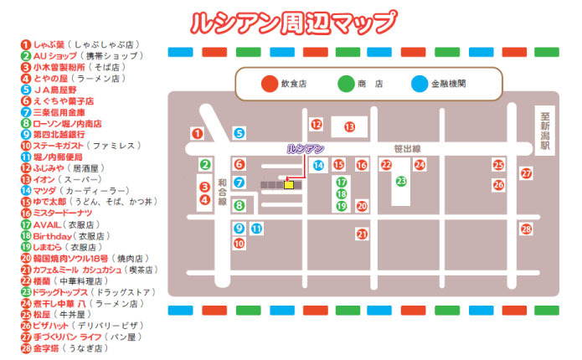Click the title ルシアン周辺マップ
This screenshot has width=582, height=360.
[x=292, y=21]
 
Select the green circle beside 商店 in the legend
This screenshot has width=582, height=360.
[x=345, y=84]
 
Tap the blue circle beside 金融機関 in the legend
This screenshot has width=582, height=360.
[x=419, y=84]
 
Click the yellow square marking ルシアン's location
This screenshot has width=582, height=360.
[x=289, y=185]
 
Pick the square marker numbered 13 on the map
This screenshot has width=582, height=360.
[x=350, y=127]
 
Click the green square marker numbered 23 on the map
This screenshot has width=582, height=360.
[x=401, y=180]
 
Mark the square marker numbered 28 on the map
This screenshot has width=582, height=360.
[x=526, y=229]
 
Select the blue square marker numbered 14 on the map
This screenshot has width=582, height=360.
[x=318, y=165]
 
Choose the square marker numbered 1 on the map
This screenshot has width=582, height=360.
[x=198, y=132]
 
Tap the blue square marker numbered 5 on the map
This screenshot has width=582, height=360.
[x=239, y=132]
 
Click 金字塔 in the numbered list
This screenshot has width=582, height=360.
[x=50, y=347]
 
